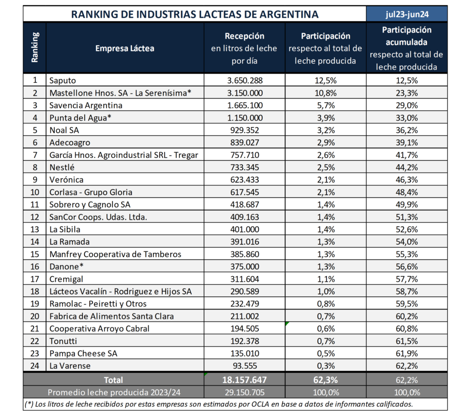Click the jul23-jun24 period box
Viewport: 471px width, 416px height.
407,14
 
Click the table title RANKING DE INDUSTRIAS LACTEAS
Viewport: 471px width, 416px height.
195,14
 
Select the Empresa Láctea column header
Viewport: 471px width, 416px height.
125,48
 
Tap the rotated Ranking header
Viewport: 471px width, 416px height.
35,48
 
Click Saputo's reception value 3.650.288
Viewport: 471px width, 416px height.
244,80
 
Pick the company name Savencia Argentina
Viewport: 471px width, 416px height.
86,105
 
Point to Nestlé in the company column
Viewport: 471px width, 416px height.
62,167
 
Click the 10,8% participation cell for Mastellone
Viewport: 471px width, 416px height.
326,92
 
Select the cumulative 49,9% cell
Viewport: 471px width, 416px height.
407,204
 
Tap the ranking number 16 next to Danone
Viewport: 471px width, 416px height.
35,266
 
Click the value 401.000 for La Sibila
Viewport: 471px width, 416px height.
244,229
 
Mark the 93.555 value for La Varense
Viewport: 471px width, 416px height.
244,366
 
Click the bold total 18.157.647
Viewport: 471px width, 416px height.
244,380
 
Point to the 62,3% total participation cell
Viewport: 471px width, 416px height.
326,380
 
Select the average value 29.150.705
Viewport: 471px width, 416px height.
244,392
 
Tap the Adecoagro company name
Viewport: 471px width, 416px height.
70,142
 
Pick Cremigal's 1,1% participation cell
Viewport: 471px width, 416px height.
326,279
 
